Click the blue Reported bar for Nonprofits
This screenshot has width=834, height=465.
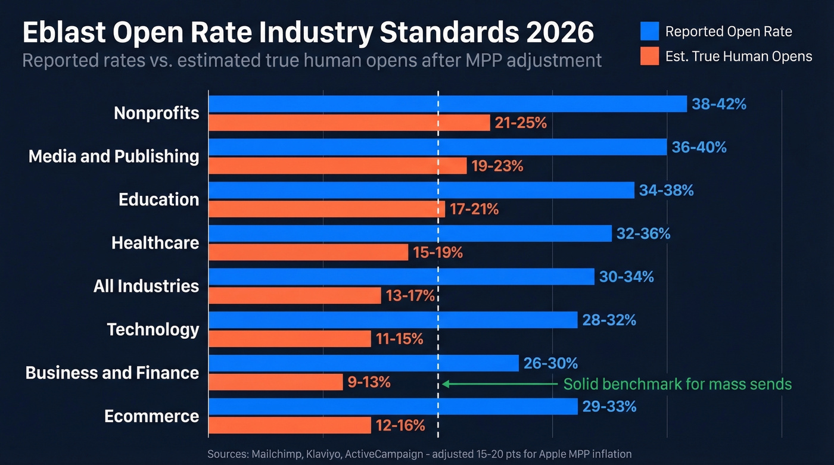tap(447, 104)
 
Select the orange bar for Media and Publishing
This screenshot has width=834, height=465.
tap(337, 166)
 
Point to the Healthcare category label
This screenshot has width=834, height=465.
tap(155, 243)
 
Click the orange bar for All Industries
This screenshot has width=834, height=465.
tap(294, 295)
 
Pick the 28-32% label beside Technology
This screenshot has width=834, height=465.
tap(609, 320)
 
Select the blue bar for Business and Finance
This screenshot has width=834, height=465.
tap(363, 363)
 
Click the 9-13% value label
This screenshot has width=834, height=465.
tap(369, 382)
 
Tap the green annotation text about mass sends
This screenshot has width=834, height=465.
tap(677, 384)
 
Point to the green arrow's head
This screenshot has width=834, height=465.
tap(445, 385)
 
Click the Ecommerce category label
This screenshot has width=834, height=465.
tap(151, 416)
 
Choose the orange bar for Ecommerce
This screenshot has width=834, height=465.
tap(290, 425)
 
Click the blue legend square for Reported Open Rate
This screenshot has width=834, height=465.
tap(649, 31)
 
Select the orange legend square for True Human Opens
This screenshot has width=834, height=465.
tap(649, 57)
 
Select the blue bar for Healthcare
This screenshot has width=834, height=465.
tap(410, 233)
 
